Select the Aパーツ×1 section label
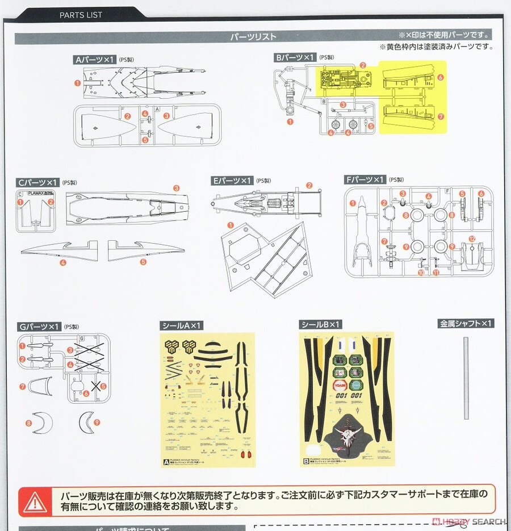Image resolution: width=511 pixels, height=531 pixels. tap(95, 59)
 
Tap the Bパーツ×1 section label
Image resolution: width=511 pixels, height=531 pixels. tap(294, 57)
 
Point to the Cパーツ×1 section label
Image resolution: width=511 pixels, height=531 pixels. tap(38, 183)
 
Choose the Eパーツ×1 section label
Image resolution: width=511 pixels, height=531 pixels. tap(232, 180)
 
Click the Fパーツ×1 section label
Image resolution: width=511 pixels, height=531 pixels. tap(365, 179)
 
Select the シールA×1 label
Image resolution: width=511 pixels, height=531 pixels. tap(182, 325)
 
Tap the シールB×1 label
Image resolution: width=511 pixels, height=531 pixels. tap(320, 324)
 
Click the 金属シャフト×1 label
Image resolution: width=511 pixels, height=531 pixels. tap(466, 324)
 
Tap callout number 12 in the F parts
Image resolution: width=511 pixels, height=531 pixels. tap(472, 239)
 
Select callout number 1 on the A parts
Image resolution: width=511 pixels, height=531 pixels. tap(77, 83)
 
